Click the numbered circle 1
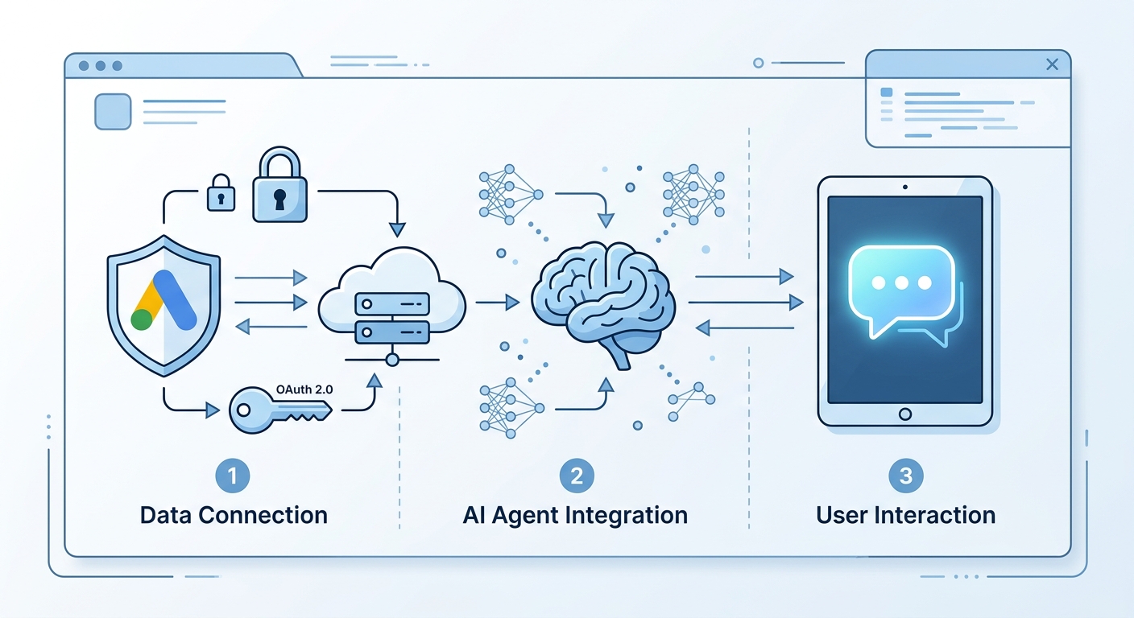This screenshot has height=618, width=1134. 233,476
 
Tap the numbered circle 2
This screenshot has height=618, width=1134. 577,476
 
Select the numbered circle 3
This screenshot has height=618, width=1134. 906,476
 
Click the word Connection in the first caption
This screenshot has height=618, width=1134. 263,515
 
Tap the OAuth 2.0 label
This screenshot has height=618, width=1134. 304,389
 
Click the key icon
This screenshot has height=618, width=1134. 280,410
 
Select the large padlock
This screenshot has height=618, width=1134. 280,184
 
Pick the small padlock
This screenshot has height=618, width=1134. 221,192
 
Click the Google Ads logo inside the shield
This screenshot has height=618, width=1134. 163,300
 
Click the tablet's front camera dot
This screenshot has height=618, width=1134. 905,187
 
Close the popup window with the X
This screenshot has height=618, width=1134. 1052,64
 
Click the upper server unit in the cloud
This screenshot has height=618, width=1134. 392,304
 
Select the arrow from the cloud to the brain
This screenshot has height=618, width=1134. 498,303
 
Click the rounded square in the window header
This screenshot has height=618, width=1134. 113,111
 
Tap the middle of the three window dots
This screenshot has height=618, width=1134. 101,66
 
